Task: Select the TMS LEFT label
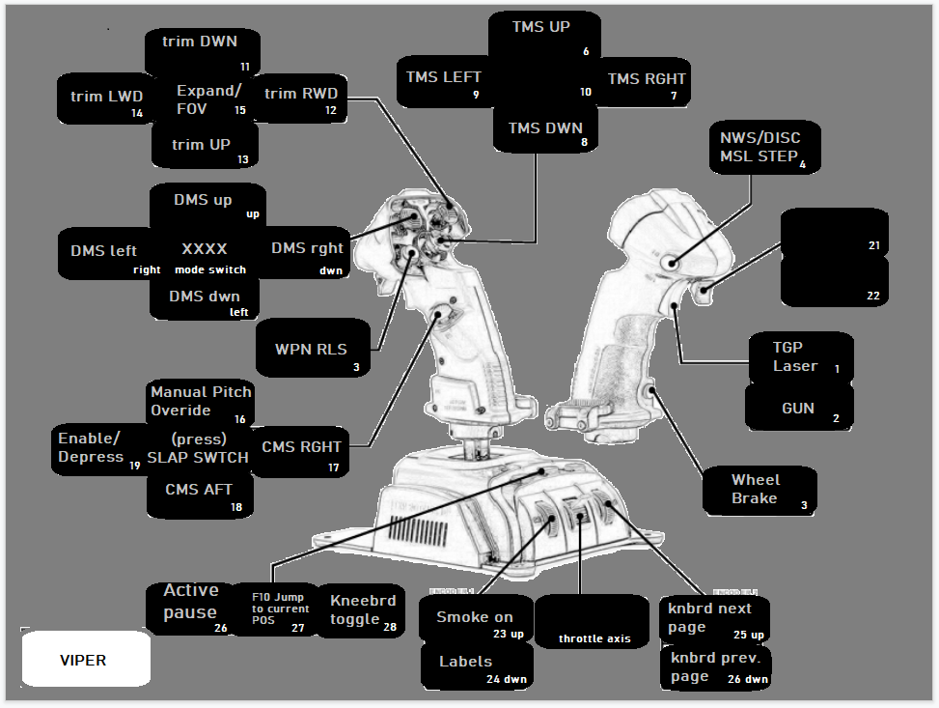point(444,81)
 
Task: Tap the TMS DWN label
point(545,130)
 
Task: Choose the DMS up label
point(207,205)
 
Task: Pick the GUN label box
point(798,409)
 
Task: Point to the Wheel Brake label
point(759,490)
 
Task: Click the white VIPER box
point(85,660)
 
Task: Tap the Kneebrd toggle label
point(362,610)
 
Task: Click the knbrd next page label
point(715,619)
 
